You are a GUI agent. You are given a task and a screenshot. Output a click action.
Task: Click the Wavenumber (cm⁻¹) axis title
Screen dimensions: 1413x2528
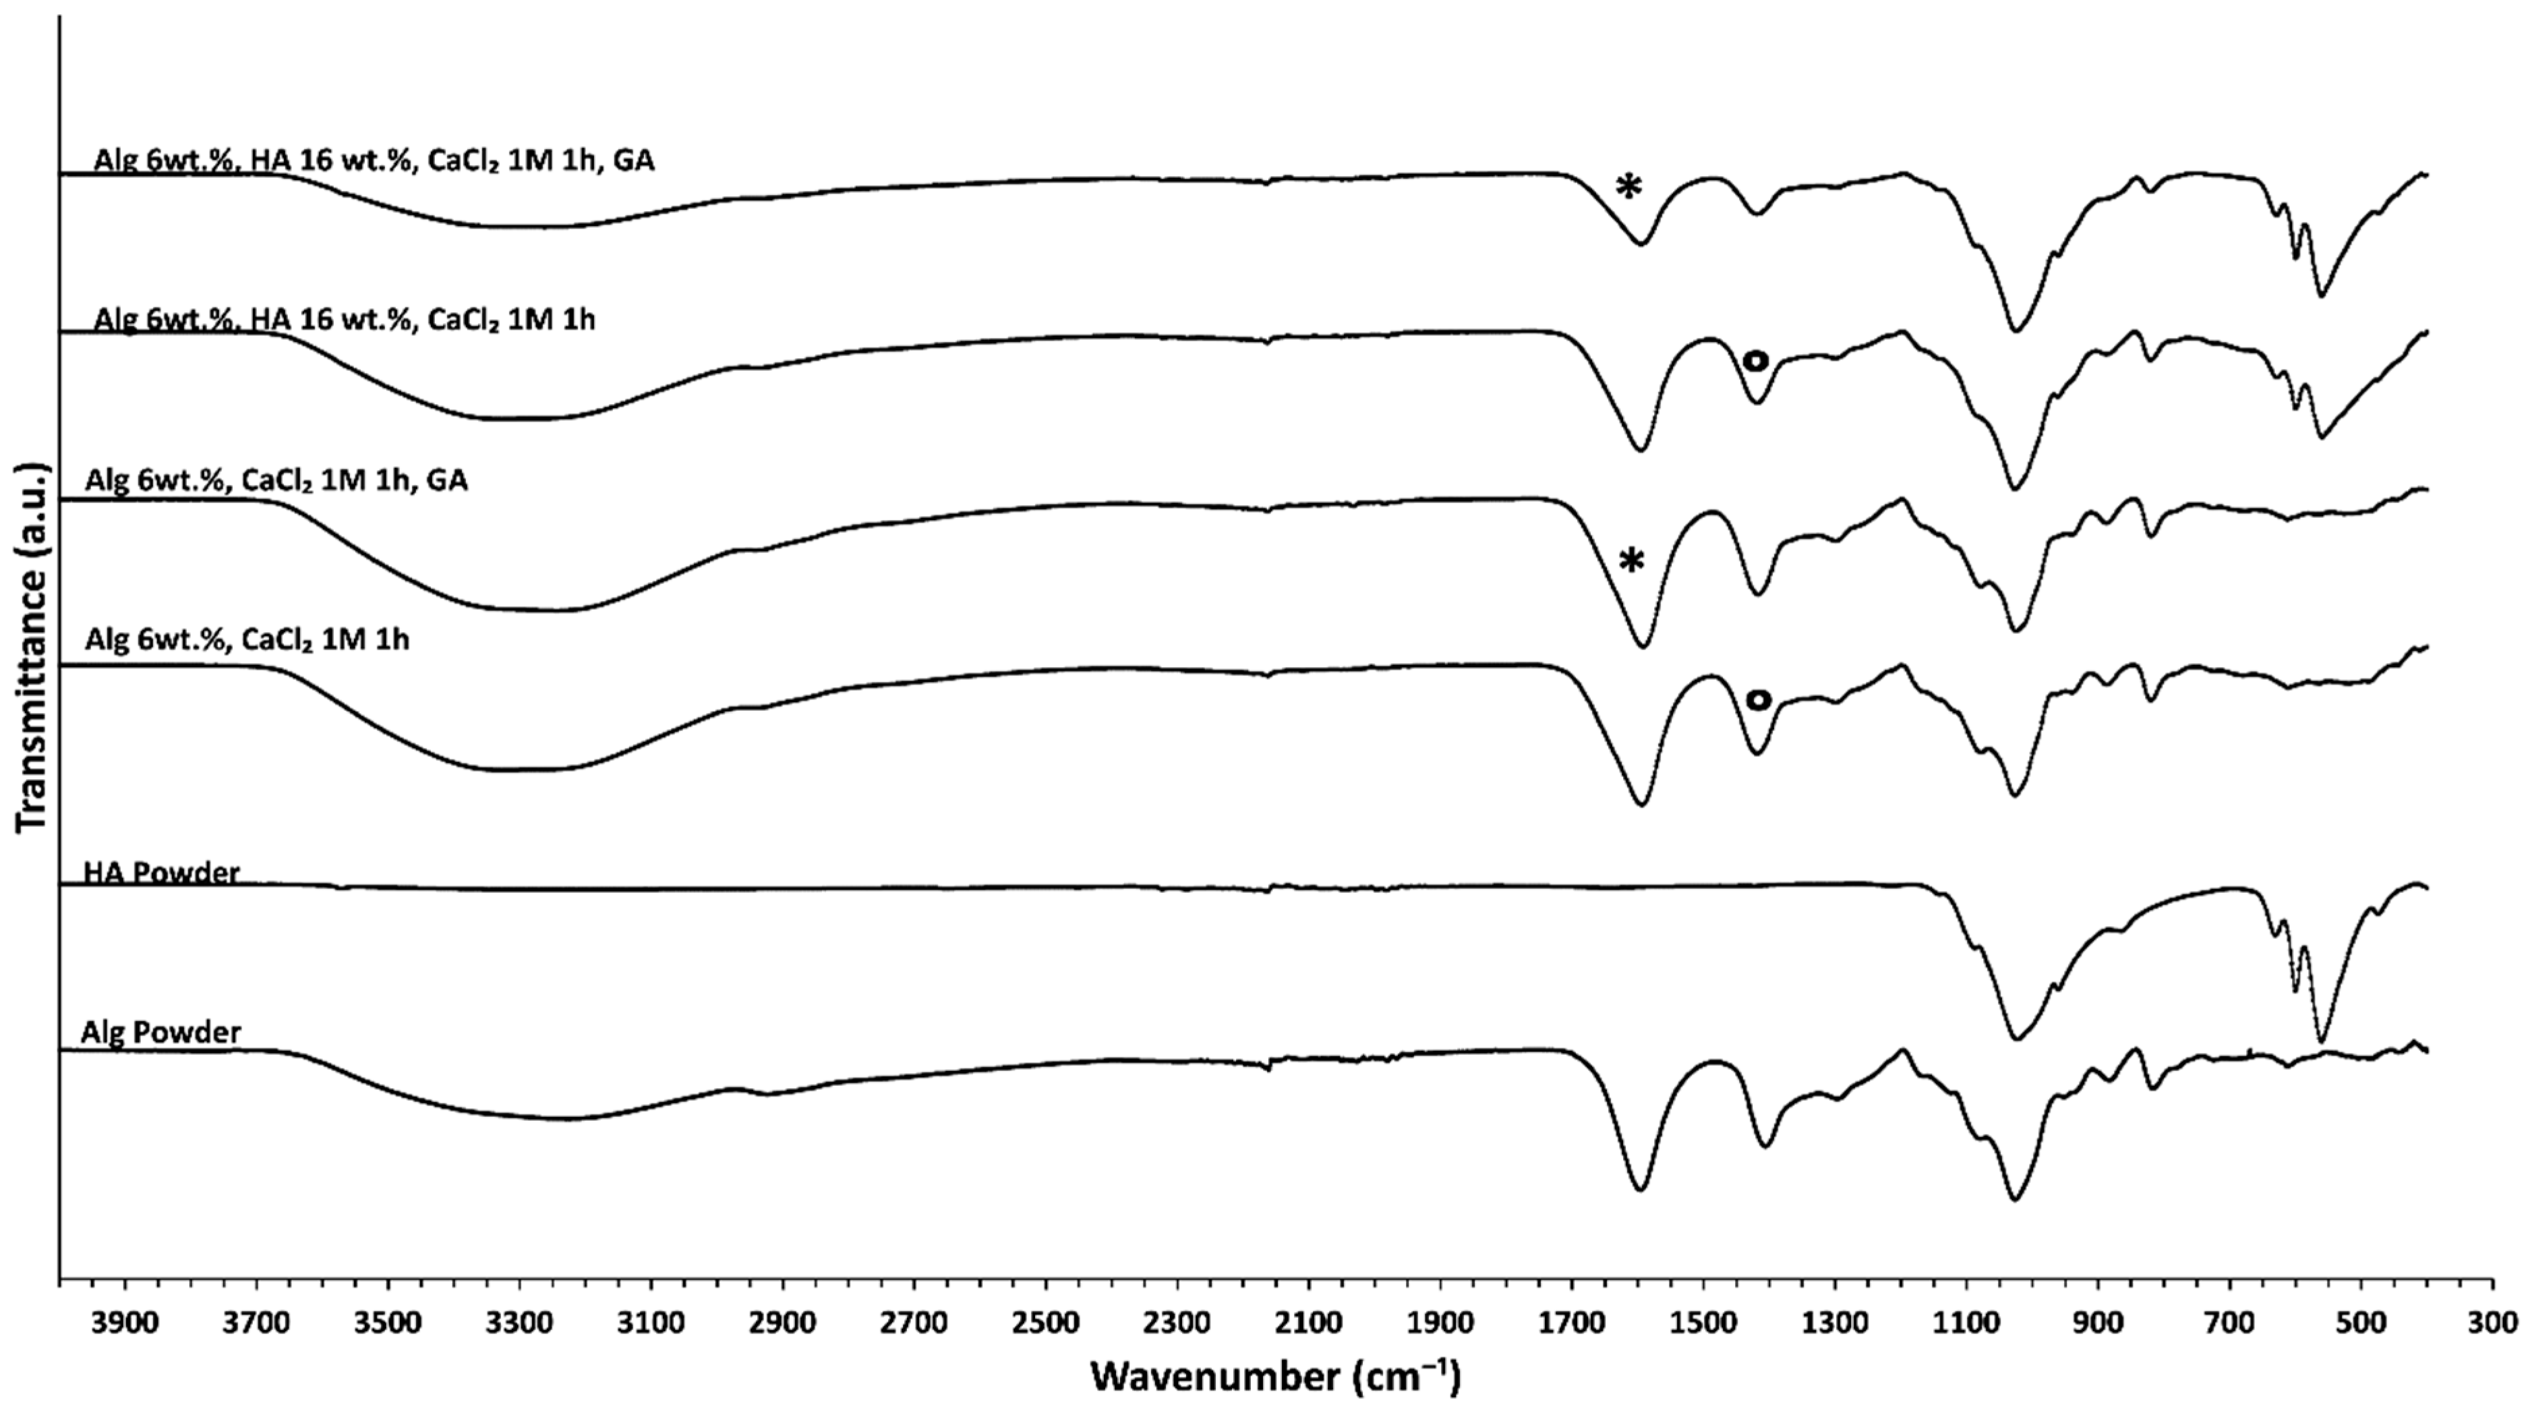1276,1377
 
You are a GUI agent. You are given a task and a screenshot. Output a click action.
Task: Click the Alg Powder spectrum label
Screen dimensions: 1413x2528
161,1033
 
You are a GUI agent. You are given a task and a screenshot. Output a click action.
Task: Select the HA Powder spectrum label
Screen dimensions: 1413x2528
161,872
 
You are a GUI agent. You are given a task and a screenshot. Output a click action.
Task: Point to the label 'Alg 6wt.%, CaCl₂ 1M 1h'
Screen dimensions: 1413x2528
247,641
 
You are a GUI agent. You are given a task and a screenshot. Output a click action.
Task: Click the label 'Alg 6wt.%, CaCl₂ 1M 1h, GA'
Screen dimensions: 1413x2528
276,481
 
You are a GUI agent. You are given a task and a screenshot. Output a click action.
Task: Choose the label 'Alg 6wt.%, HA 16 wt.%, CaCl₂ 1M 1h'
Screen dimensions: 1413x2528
345,321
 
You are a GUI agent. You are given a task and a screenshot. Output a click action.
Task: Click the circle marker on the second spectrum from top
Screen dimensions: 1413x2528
1756,361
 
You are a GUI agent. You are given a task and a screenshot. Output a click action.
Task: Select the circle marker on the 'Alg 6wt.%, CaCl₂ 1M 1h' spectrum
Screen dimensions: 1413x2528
1758,699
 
